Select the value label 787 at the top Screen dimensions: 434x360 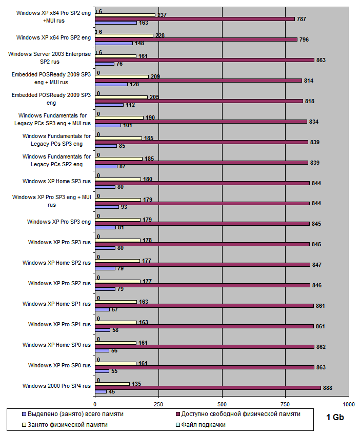pyautogui.click(x=301, y=19)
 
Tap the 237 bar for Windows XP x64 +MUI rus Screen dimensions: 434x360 pyautogui.click(x=125, y=15)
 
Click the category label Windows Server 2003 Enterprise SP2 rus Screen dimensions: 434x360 pyautogui.click(x=57, y=57)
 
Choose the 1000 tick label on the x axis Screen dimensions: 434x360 pyautogui.click(x=349, y=404)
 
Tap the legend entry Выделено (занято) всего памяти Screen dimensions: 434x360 pyautogui.click(x=72, y=413)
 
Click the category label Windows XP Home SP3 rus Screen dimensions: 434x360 pyautogui.click(x=57, y=181)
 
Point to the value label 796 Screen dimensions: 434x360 pyautogui.click(x=303, y=40)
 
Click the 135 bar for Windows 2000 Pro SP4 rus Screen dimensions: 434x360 pyautogui.click(x=112, y=383)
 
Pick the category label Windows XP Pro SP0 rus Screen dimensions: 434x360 pyautogui.click(x=59, y=365)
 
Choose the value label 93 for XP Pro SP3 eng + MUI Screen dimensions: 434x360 pyautogui.click(x=124, y=207)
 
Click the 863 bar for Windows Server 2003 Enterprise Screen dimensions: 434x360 pyautogui.click(x=205, y=60)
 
